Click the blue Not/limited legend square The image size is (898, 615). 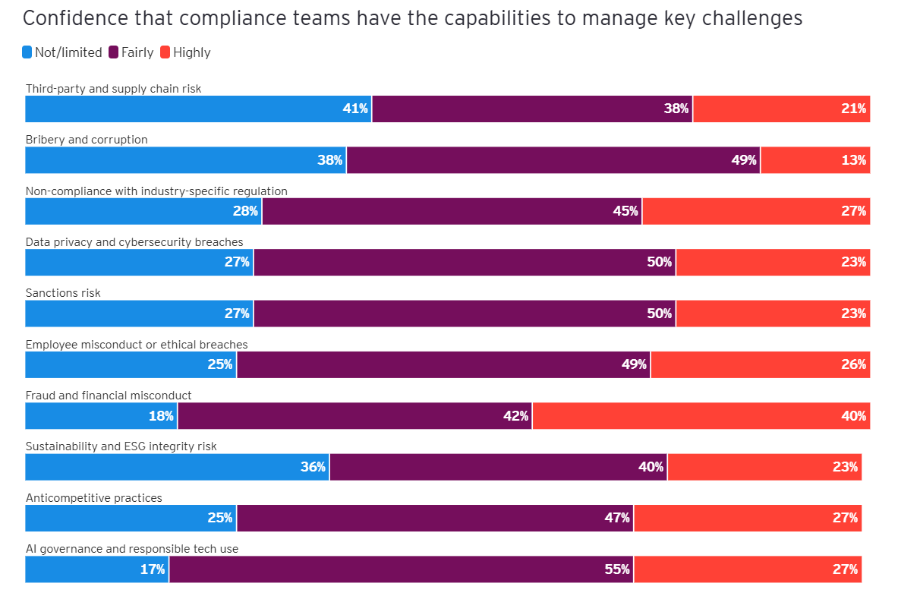click(27, 52)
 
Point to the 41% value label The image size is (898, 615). click(354, 109)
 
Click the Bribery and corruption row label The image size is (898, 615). click(87, 140)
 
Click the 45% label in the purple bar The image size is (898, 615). click(625, 211)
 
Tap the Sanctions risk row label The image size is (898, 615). click(63, 293)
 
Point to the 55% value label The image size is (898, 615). click(617, 569)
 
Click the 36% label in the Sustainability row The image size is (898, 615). click(313, 467)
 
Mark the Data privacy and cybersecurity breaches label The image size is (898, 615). click(134, 242)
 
